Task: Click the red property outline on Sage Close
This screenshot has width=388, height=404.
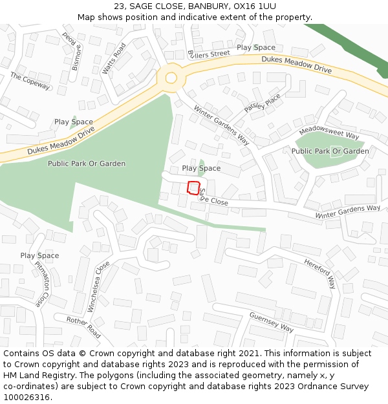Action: tap(193, 188)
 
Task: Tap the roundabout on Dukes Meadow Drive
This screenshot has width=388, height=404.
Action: tap(171, 78)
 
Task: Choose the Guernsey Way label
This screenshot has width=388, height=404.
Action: tap(272, 321)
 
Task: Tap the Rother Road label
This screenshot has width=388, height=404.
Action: tap(83, 328)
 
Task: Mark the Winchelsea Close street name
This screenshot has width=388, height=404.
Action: tap(99, 287)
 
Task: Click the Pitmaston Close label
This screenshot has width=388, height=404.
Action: tap(41, 284)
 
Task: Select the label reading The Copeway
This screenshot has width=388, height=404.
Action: tap(30, 81)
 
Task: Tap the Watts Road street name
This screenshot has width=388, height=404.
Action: tap(114, 59)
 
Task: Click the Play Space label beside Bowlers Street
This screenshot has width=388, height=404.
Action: tap(255, 47)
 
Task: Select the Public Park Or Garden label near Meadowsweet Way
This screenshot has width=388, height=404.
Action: tap(330, 151)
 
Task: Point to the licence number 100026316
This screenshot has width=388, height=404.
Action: tap(25, 397)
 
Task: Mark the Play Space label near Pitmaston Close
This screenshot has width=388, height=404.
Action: tap(39, 255)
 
